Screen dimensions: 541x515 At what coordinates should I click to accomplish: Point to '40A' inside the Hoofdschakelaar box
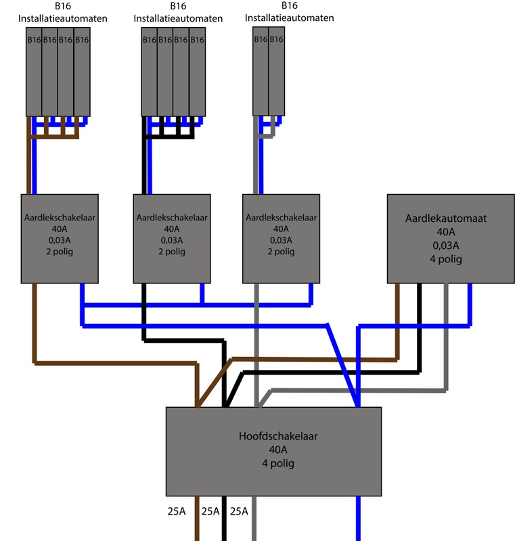tap(273, 450)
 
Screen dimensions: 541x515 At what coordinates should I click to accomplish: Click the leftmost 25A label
tap(176, 511)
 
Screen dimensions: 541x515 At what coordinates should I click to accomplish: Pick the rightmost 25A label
tap(240, 511)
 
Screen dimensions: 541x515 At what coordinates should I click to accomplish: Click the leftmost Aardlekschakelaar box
tap(61, 238)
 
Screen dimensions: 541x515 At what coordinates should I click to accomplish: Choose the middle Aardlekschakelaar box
tap(172, 238)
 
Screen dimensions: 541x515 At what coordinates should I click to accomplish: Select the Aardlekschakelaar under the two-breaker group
tap(279, 238)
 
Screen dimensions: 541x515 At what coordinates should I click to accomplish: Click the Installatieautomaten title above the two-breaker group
tap(289, 18)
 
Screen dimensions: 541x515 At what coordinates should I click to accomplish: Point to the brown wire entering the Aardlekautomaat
tap(397, 318)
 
